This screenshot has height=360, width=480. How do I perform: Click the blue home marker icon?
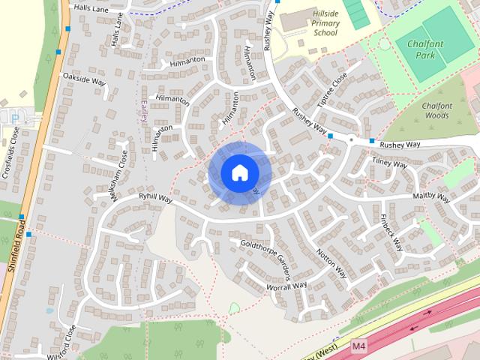(x=239, y=173)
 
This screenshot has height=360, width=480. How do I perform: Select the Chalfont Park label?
(x=426, y=49)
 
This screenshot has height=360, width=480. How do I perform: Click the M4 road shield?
(x=359, y=346)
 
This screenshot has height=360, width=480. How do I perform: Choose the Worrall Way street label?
(x=286, y=286)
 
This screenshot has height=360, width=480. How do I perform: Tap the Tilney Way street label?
(x=389, y=163)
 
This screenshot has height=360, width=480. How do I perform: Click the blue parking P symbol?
(x=14, y=118)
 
